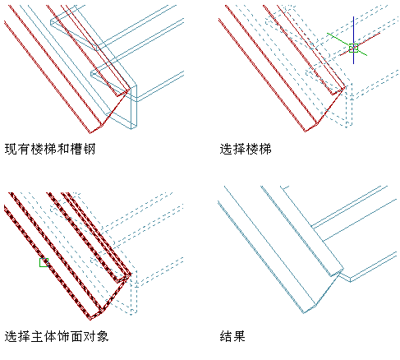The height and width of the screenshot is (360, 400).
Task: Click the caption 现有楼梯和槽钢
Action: click(50, 150)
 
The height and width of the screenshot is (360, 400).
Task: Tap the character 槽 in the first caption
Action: click(76, 150)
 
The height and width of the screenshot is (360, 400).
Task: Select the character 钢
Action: click(90, 150)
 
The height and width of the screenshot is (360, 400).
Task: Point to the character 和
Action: click(63, 150)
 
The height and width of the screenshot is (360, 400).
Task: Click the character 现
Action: click(11, 150)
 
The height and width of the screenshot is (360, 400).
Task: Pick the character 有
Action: click(24, 150)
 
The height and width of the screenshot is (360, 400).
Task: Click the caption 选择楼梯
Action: click(246, 150)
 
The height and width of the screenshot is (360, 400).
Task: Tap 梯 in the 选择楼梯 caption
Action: click(265, 150)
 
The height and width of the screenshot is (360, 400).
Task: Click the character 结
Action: click(226, 336)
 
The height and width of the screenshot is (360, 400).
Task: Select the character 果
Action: click(239, 336)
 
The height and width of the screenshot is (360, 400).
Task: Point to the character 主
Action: click(37, 336)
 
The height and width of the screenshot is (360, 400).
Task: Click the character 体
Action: click(50, 336)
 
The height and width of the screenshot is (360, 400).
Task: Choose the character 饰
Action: click(63, 336)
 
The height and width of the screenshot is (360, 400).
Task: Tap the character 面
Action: click(76, 336)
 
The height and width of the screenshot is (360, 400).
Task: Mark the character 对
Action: click(90, 336)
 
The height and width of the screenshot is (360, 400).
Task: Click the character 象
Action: click(103, 336)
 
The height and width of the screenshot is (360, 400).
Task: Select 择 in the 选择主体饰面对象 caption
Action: click(24, 336)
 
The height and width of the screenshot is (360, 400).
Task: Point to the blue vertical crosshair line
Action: click(353, 40)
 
